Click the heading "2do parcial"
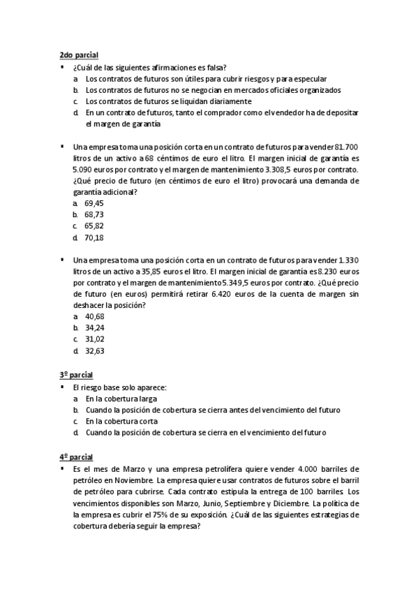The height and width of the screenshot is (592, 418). tap(78, 54)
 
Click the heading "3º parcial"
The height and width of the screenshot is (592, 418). tap(76, 375)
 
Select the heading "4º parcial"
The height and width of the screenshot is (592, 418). tap(76, 457)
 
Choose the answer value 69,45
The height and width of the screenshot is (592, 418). tap(94, 203)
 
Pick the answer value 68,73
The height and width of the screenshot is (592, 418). tap(94, 214)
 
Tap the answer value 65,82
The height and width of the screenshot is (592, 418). tap(94, 226)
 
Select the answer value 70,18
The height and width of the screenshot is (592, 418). tap(94, 237)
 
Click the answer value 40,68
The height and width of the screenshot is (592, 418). tap(94, 316)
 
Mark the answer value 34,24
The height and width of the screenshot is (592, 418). tap(94, 327)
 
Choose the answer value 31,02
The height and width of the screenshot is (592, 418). tap(94, 339)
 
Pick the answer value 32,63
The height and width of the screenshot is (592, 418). tap(94, 350)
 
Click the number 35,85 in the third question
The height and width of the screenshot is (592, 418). tap(156, 272)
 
